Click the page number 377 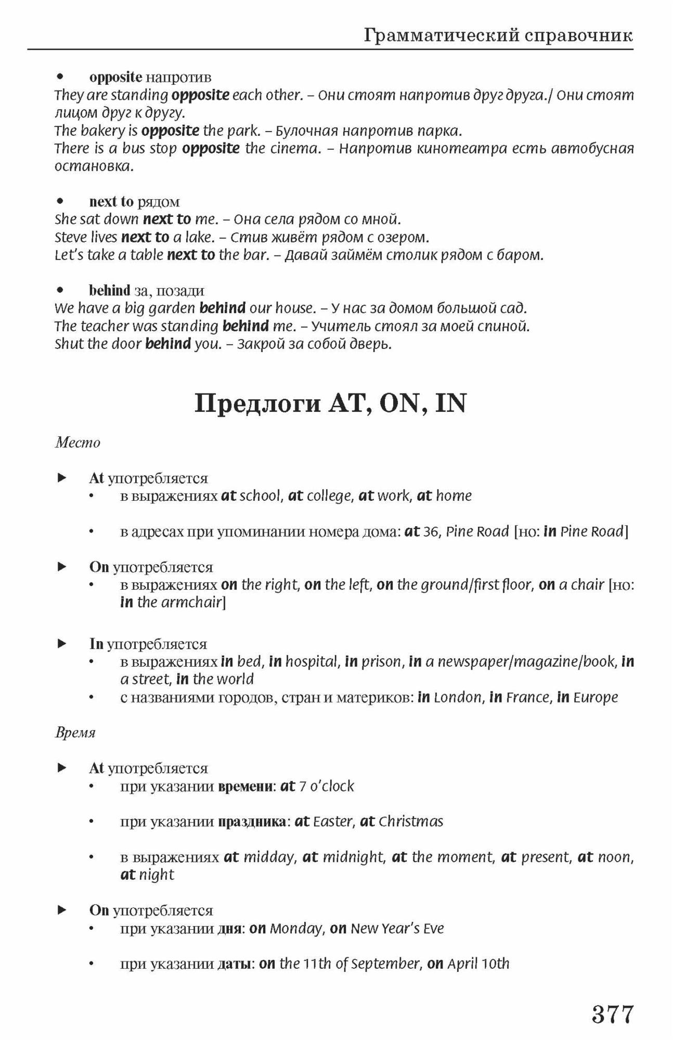click(x=613, y=1014)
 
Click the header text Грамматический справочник click(x=498, y=35)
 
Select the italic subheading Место click(x=77, y=443)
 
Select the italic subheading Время click(x=75, y=733)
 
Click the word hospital click(x=312, y=662)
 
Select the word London click(x=458, y=697)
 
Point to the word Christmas click(x=411, y=822)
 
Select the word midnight click(x=354, y=857)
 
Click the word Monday click(x=296, y=929)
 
